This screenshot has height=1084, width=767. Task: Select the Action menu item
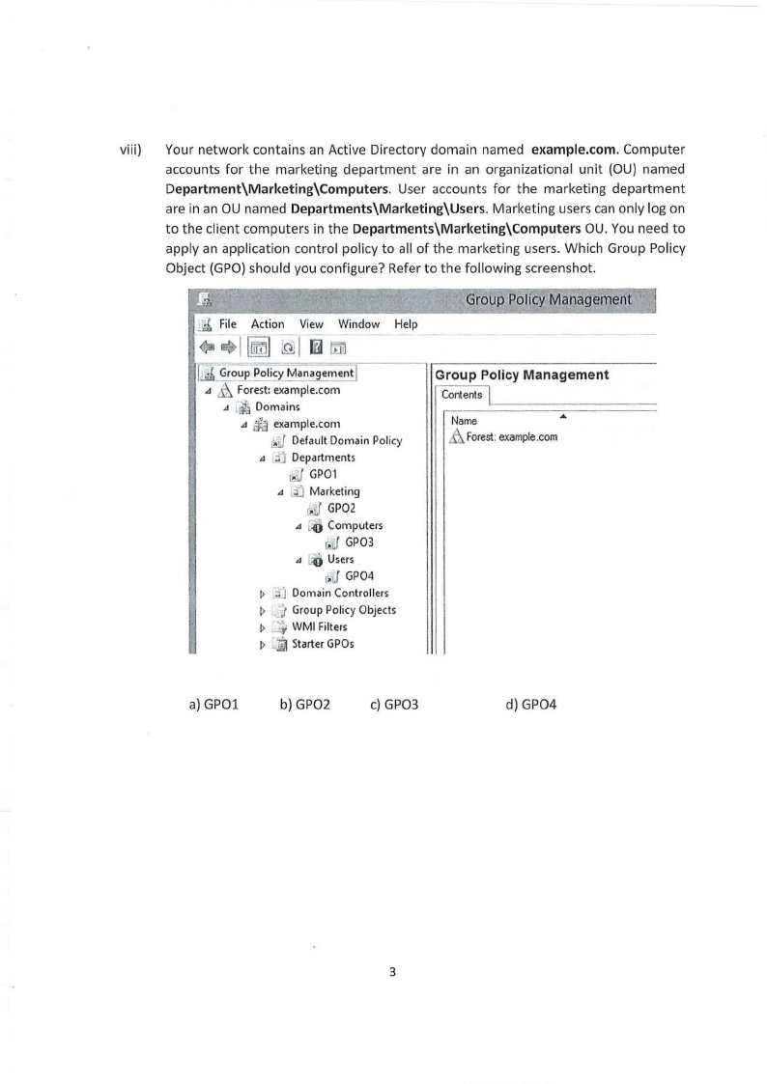click(x=268, y=324)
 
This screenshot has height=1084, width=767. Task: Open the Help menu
click(x=406, y=324)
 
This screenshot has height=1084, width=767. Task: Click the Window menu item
click(x=358, y=324)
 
